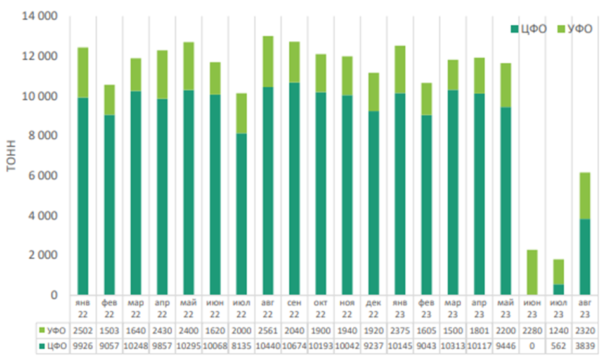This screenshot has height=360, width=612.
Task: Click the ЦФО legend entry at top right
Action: tap(530, 29)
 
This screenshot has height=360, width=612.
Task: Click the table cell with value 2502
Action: tap(82, 330)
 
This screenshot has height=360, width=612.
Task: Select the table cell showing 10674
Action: tap(294, 345)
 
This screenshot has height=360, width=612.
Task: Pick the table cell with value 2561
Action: tap(268, 330)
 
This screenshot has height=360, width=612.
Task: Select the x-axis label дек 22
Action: tap(374, 309)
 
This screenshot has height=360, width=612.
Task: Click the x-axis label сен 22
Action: tap(294, 309)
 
